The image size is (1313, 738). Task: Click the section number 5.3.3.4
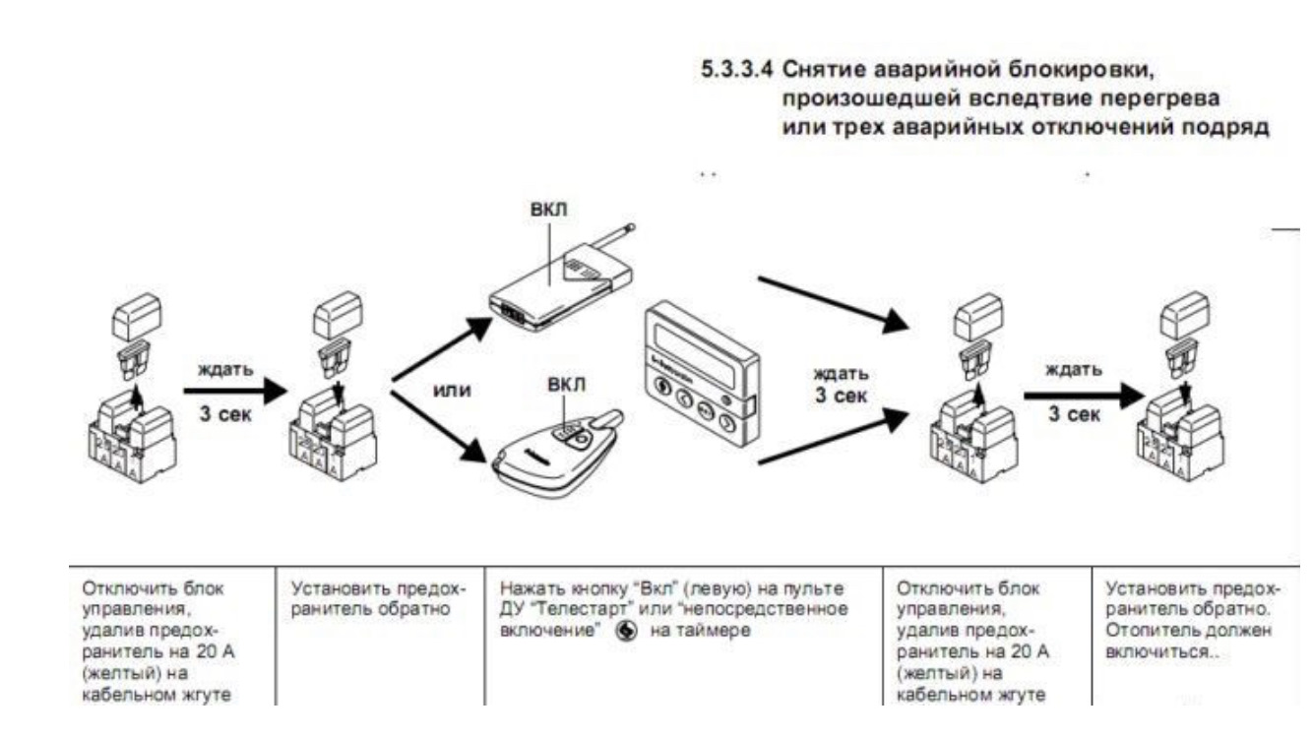(736, 70)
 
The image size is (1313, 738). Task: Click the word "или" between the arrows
(452, 391)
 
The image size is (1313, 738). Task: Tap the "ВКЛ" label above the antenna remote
(548, 210)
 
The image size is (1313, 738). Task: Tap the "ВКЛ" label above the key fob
(566, 385)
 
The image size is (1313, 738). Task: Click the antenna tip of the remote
(631, 227)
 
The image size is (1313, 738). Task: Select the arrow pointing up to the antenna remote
(443, 349)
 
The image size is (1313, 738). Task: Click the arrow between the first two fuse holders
(235, 391)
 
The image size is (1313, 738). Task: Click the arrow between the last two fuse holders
(1085, 396)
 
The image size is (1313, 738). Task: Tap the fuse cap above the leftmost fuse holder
(137, 317)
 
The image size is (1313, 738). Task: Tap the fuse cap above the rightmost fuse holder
(1185, 315)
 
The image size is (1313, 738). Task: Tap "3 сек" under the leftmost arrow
(225, 414)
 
